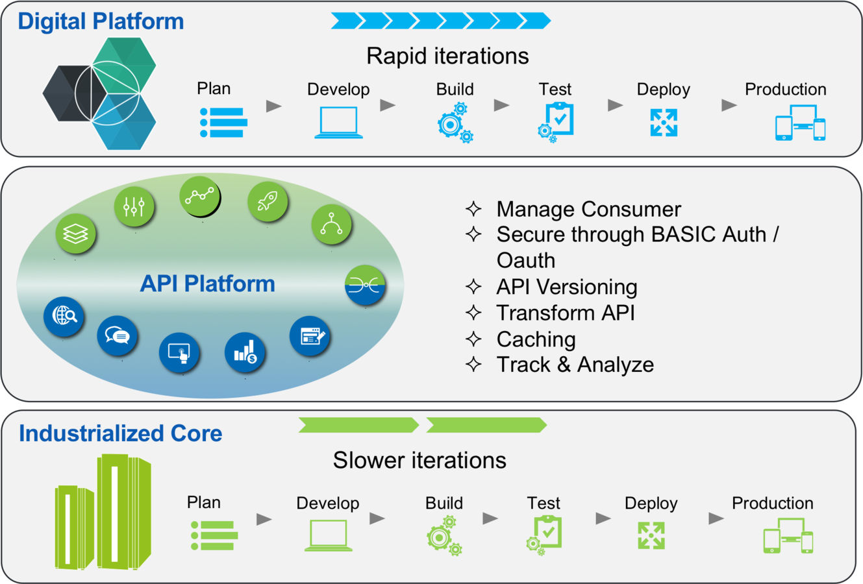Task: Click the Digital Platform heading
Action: [101, 21]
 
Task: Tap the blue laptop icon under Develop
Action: [338, 123]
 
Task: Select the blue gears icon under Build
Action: [455, 123]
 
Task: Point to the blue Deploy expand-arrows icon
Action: [664, 123]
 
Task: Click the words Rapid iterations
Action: [447, 56]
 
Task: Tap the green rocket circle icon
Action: [267, 201]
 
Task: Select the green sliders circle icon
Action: [134, 207]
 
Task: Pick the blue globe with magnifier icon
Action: [64, 316]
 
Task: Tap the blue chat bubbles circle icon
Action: [117, 335]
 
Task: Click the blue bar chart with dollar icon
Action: [245, 352]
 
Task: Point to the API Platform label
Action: [208, 284]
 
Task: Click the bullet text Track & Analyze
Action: [575, 365]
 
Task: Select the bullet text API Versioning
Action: [566, 287]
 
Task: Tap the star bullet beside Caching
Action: [473, 339]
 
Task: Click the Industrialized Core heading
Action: [121, 433]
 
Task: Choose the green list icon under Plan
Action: [214, 535]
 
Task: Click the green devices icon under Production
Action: [788, 536]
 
